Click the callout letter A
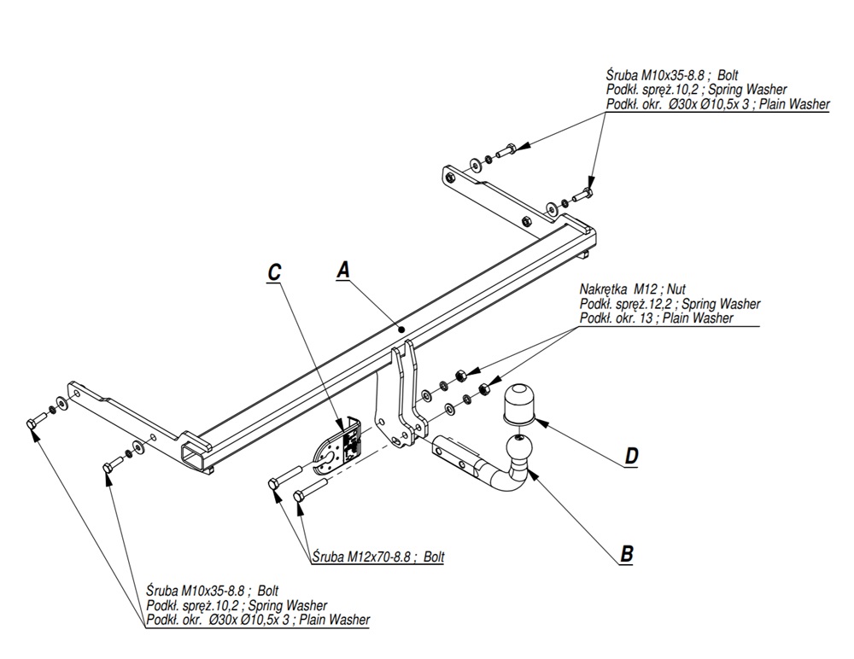[x=343, y=270]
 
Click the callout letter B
[x=627, y=554]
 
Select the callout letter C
[x=274, y=271]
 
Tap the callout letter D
[x=631, y=456]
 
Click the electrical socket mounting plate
[x=337, y=447]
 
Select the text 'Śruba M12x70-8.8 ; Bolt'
[x=378, y=557]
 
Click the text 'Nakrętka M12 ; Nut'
[x=632, y=289]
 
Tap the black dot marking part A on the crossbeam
[x=401, y=329]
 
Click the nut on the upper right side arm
[x=526, y=221]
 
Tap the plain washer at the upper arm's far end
[x=475, y=163]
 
